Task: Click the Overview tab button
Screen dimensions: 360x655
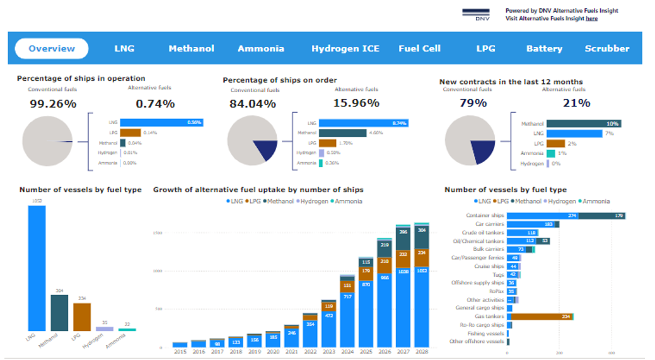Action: (x=52, y=49)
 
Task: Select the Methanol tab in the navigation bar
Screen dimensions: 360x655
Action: (x=191, y=49)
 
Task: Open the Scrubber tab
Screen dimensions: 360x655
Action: (x=606, y=49)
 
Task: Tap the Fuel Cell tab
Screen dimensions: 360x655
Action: (x=419, y=49)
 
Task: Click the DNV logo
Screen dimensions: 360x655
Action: (x=476, y=14)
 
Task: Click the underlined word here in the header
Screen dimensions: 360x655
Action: (x=592, y=19)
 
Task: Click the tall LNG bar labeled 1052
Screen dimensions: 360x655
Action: (x=37, y=268)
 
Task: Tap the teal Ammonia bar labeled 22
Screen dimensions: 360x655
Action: (x=127, y=329)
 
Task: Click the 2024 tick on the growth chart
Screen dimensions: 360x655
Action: (x=347, y=352)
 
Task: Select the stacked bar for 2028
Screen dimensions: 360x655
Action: (x=421, y=284)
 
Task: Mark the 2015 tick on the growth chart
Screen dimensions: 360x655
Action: (x=180, y=352)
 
